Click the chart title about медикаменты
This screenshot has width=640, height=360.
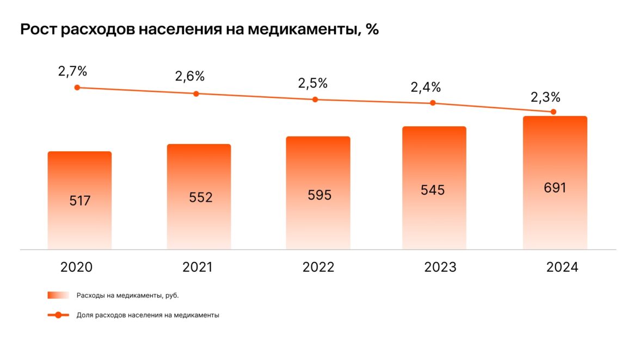click(x=199, y=30)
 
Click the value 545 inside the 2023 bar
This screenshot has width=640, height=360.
click(x=433, y=190)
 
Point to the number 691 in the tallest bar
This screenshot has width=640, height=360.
click(x=555, y=188)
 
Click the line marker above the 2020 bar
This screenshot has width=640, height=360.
click(x=77, y=88)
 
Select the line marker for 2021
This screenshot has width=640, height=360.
click(x=196, y=94)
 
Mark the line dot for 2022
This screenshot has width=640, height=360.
click(x=315, y=100)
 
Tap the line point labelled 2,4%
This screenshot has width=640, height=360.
click(x=433, y=103)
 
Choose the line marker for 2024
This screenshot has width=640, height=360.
click(x=553, y=112)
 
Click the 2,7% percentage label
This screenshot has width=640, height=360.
click(x=73, y=71)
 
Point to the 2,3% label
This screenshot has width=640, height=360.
click(x=545, y=97)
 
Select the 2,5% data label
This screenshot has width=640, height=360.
click(x=313, y=84)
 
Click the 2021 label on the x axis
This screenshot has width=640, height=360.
click(x=198, y=268)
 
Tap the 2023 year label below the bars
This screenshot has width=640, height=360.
click(x=440, y=268)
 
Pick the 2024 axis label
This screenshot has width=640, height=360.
click(x=562, y=268)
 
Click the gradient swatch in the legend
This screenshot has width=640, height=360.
click(x=58, y=295)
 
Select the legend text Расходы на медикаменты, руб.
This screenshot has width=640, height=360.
click(x=127, y=295)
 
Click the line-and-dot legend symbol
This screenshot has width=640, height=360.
click(x=58, y=315)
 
